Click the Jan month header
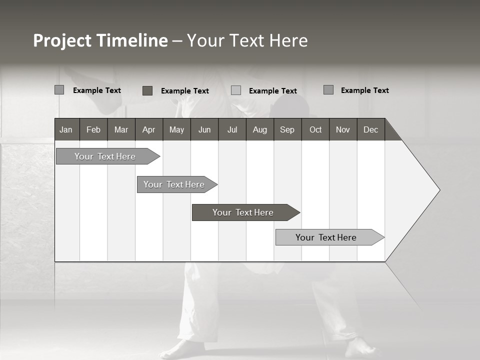click(x=66, y=129)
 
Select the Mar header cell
click(x=121, y=129)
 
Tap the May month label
click(x=176, y=129)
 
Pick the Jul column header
click(x=232, y=129)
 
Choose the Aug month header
click(x=259, y=129)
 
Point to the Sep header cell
click(x=287, y=129)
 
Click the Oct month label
click(x=315, y=129)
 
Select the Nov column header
click(x=342, y=129)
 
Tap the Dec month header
click(x=370, y=129)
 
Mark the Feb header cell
click(x=93, y=129)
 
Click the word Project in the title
click(x=62, y=40)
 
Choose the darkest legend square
click(x=147, y=90)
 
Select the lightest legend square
click(x=236, y=90)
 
